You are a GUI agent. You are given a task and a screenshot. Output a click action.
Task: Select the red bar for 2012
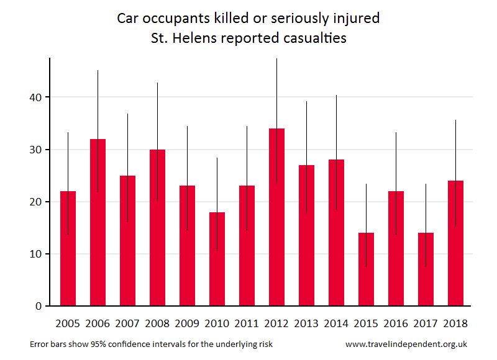(276, 217)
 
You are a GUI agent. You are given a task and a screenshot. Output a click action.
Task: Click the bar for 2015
(366, 269)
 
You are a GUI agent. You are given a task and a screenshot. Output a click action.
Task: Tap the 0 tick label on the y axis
(38, 306)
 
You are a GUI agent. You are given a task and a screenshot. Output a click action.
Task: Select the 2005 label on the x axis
(68, 323)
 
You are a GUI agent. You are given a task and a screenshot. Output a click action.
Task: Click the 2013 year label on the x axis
(306, 323)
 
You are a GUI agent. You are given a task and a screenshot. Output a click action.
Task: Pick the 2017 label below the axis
(426, 323)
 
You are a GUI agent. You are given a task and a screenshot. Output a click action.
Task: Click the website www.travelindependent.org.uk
(406, 344)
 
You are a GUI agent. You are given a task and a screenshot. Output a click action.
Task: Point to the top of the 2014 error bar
(336, 96)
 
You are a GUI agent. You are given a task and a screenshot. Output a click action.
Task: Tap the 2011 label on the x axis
(247, 323)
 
